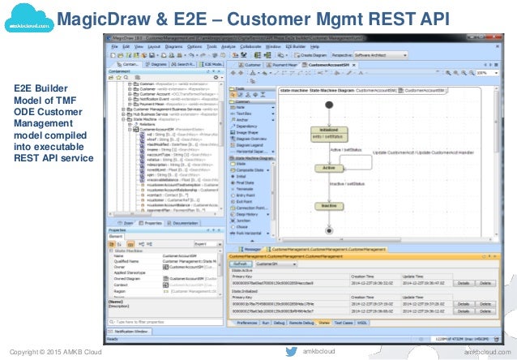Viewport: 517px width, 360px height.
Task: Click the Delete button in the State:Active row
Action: point(485,283)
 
